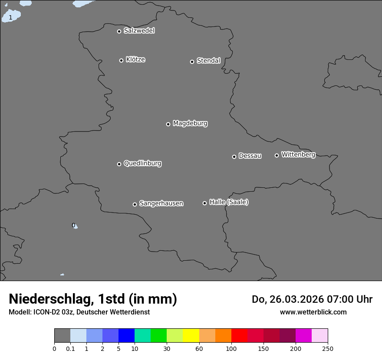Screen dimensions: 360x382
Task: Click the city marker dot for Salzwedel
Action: [x=119, y=31]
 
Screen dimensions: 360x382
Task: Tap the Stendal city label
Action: [x=208, y=61]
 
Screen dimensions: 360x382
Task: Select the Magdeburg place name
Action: [x=190, y=124]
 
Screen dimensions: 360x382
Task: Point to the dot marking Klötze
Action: [x=121, y=60]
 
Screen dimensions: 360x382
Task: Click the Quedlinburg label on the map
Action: [x=142, y=164]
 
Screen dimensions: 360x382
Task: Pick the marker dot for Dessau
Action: [x=234, y=157]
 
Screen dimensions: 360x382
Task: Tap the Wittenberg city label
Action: [x=298, y=154]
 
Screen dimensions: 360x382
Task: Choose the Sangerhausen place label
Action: [x=161, y=203]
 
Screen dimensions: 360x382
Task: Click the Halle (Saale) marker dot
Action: [x=204, y=203]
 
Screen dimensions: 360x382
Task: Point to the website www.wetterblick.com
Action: [x=313, y=312]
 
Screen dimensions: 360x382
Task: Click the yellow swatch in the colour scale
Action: [x=191, y=336]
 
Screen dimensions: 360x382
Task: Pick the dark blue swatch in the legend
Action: [x=126, y=336]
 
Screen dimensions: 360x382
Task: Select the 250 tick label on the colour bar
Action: [x=328, y=348]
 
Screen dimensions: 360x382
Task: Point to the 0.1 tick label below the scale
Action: [x=70, y=348]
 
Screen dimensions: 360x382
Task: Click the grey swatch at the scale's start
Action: [x=62, y=336]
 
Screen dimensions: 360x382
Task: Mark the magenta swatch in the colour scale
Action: [x=303, y=336]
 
